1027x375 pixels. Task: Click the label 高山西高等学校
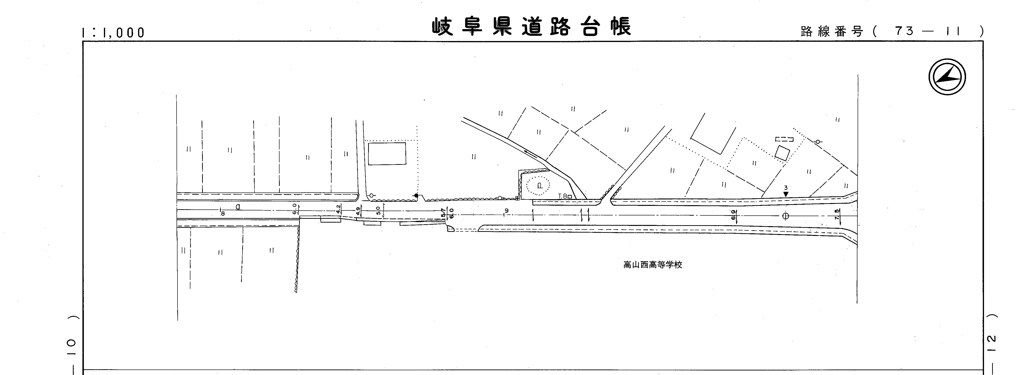point(653,265)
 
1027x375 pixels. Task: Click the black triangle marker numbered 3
point(785,194)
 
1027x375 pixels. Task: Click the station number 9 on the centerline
point(506,211)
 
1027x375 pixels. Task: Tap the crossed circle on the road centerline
point(785,216)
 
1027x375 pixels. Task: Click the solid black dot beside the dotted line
point(416,195)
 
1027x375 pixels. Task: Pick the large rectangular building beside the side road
point(387,154)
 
